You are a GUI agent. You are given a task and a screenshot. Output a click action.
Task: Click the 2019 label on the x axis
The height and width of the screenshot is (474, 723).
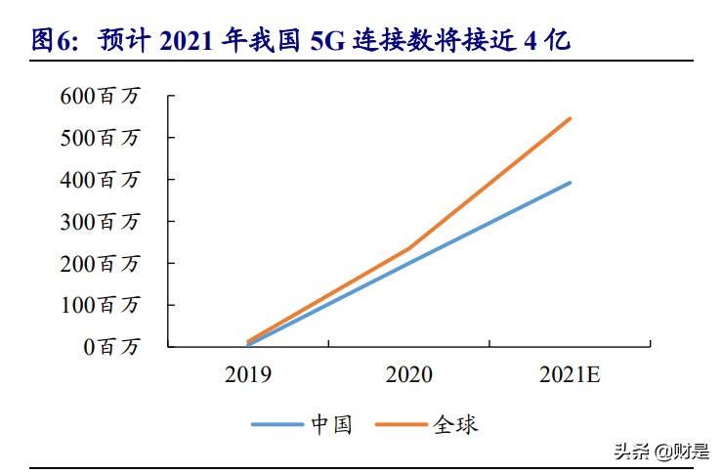[248, 374]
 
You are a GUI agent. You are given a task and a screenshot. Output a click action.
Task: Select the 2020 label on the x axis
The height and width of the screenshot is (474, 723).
[409, 374]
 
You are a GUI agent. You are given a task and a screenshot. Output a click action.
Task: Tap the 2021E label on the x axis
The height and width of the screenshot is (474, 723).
[571, 374]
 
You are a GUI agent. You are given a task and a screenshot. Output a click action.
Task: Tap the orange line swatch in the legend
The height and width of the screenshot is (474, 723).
[403, 424]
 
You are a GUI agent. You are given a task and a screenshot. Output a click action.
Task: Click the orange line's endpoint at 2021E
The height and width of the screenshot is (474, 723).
[570, 118]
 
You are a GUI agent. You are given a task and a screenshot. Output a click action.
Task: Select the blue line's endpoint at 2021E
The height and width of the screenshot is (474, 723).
[570, 183]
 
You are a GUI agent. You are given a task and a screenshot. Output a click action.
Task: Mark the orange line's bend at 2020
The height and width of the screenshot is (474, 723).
[409, 248]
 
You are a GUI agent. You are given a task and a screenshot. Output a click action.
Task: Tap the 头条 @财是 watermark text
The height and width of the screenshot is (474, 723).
[660, 451]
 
